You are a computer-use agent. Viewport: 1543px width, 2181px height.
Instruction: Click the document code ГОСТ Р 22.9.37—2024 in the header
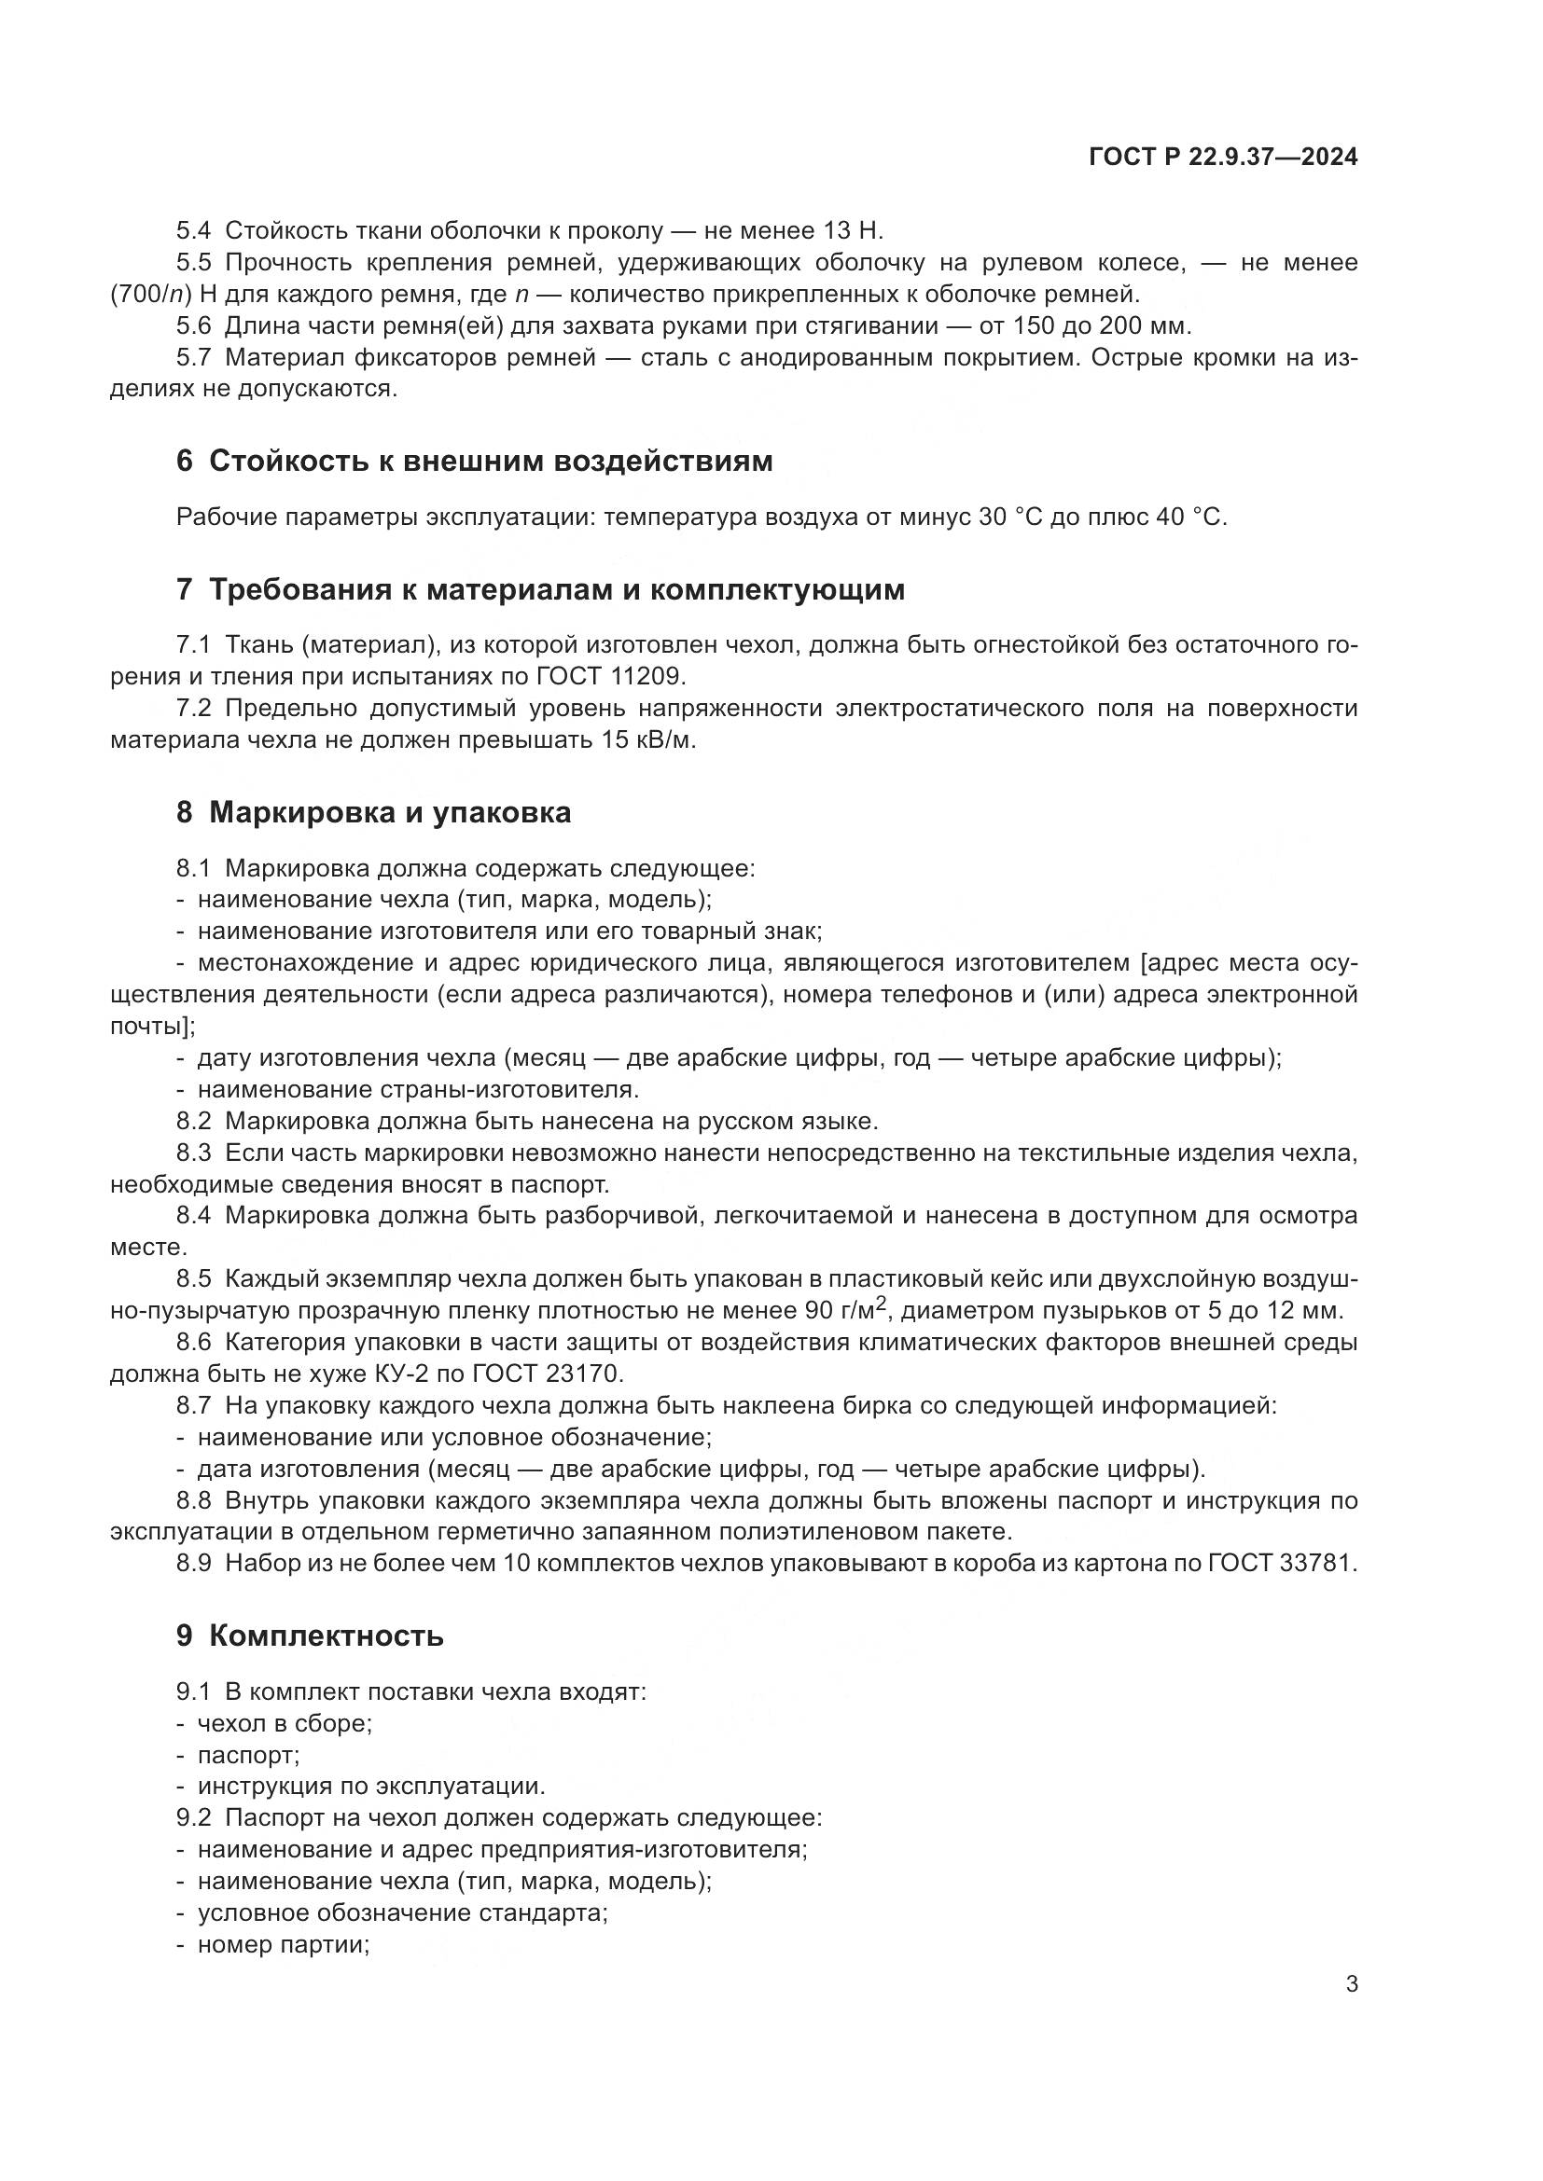click(1223, 158)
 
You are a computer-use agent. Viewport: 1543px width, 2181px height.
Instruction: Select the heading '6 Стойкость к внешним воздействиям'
click(474, 462)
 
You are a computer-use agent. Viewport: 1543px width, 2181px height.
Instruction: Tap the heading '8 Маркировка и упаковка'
click(373, 813)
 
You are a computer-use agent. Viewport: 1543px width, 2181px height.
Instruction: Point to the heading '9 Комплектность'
click(310, 1636)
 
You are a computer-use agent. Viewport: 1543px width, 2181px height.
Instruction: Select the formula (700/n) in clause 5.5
click(151, 295)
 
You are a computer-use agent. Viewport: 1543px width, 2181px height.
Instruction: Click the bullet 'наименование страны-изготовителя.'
click(418, 1088)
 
